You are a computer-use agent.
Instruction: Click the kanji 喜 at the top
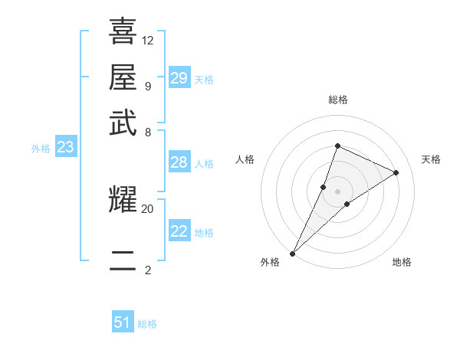tap(123, 31)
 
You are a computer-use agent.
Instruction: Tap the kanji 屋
tap(123, 77)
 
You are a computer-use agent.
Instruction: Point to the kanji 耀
tap(123, 200)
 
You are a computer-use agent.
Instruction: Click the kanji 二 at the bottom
tap(123, 260)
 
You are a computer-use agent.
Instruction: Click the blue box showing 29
tap(179, 78)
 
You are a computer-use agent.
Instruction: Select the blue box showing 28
tap(179, 162)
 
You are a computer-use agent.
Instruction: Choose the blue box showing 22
tap(179, 232)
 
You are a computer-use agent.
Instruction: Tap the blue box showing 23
tap(65, 148)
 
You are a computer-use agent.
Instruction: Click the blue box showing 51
tap(123, 322)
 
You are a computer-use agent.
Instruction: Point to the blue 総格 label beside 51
tap(147, 324)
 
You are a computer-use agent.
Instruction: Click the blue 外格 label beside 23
tap(41, 149)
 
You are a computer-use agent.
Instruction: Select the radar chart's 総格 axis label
tap(337, 100)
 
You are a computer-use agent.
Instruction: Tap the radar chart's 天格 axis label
tap(431, 159)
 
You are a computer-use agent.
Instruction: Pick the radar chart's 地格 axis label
tap(402, 262)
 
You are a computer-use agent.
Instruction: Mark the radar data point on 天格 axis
tap(396, 172)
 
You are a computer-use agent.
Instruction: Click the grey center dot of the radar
tap(337, 191)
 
